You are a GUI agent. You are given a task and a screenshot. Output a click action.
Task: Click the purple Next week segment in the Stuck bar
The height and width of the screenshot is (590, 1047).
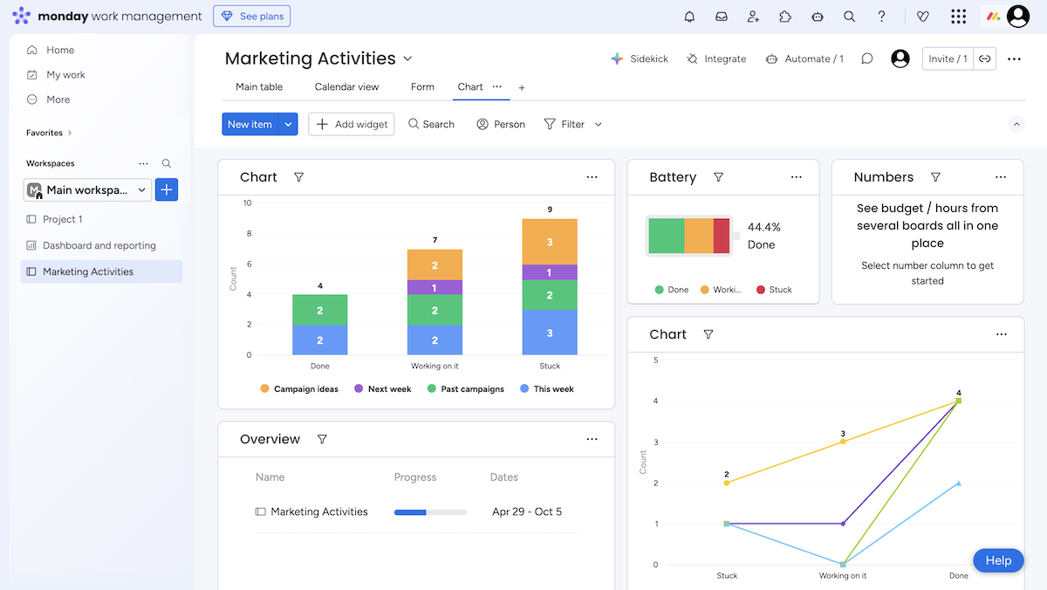tap(550, 272)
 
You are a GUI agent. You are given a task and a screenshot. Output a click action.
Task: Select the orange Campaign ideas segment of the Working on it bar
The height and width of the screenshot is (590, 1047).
tap(435, 264)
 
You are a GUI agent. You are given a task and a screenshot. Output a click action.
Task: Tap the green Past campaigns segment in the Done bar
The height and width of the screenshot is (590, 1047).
tap(320, 310)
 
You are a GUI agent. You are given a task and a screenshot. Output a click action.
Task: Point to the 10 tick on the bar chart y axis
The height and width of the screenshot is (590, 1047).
tap(248, 203)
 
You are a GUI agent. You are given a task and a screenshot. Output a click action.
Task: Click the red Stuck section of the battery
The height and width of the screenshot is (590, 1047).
tap(722, 236)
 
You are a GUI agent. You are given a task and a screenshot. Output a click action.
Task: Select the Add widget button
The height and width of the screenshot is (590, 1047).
tap(352, 124)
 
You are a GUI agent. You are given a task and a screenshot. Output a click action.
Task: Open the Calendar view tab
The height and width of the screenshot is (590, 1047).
tap(346, 87)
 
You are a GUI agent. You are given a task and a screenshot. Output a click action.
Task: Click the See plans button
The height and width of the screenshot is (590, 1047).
tap(251, 17)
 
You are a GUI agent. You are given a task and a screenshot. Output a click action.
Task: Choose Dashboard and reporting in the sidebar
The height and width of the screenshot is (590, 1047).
tap(99, 245)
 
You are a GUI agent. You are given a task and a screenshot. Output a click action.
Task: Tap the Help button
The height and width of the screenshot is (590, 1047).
tap(998, 560)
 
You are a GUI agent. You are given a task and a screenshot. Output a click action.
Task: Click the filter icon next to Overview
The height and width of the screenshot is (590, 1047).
tap(322, 439)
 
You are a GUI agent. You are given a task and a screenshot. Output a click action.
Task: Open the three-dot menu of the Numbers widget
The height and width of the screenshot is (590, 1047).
tap(1001, 177)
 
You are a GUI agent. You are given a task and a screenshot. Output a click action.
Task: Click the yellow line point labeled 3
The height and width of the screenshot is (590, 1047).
tap(843, 442)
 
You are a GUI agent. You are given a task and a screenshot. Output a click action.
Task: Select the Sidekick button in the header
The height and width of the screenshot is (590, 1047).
tap(640, 58)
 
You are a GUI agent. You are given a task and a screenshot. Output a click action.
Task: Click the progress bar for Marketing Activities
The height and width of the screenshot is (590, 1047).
tap(430, 512)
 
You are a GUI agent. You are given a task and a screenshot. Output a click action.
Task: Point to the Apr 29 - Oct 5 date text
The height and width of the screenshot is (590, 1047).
tap(527, 512)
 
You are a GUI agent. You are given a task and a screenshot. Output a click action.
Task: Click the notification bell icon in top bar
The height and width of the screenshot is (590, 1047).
tap(689, 17)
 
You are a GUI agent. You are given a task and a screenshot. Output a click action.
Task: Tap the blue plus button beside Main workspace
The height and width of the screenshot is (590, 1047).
tap(167, 189)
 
